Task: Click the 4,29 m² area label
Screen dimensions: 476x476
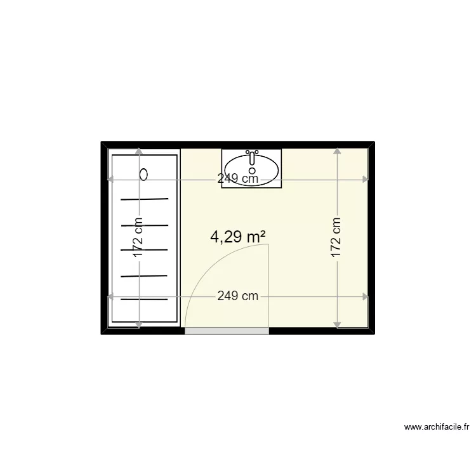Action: pos(237,237)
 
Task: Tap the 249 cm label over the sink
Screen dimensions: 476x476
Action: pos(237,179)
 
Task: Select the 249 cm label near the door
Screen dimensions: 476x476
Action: pos(237,296)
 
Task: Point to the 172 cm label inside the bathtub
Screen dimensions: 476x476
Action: pos(138,239)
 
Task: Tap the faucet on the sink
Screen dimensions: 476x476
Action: pos(252,155)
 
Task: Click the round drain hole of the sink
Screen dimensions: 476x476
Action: pos(252,170)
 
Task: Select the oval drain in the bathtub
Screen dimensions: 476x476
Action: pos(144,173)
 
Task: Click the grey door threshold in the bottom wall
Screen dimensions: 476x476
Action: pos(227,331)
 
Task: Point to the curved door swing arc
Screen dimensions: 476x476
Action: pos(209,267)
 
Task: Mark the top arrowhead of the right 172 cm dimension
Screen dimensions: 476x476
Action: pos(336,151)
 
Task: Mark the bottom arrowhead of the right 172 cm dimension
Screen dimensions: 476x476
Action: pos(336,325)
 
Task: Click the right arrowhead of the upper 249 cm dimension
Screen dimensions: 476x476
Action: pos(365,179)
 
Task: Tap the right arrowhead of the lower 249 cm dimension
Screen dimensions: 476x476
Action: pos(365,296)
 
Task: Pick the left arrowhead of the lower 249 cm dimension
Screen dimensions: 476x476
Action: pos(112,296)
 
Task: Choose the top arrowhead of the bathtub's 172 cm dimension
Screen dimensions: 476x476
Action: pos(138,151)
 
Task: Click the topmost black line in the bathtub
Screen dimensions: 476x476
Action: pos(145,199)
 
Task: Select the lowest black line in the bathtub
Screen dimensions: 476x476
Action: pos(145,299)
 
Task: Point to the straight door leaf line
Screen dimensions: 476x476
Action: pos(270,286)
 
